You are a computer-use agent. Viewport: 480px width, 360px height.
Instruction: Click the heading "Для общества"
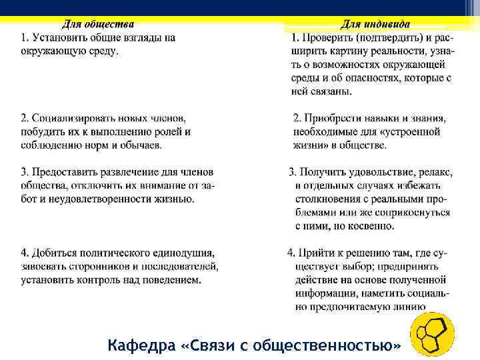coord(98,25)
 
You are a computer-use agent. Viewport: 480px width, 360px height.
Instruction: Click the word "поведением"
coord(173,280)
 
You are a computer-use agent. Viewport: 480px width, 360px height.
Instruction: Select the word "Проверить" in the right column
coord(325,38)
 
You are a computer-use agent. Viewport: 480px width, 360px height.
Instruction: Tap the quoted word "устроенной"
coord(415,132)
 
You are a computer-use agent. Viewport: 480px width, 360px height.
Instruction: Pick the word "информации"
coord(324,293)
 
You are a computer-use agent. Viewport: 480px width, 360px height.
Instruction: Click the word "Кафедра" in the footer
coord(141,346)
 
